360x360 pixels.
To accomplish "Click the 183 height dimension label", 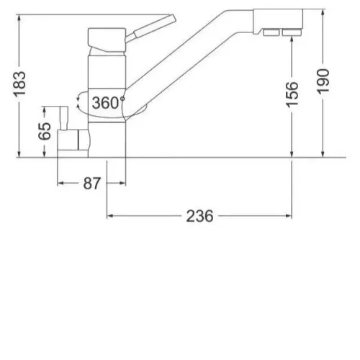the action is (x=19, y=84).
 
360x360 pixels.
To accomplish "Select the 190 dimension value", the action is (x=323, y=81).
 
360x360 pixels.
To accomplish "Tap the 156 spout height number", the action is (x=292, y=94).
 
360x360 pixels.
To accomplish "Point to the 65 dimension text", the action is (x=45, y=131).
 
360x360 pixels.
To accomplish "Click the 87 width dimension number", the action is (x=91, y=184).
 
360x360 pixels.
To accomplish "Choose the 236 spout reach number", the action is (x=199, y=216).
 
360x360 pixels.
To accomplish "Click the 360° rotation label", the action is (x=108, y=103).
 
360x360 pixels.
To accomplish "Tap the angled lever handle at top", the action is (x=151, y=29).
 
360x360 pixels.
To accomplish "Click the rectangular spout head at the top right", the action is (x=278, y=22).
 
